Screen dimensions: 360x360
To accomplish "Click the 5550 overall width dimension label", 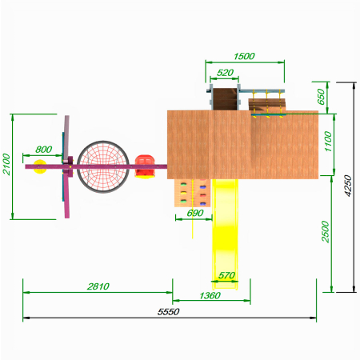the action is tap(168, 311).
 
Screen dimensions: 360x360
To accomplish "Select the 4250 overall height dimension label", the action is tap(348, 186).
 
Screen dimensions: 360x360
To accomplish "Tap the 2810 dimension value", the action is tap(98, 286).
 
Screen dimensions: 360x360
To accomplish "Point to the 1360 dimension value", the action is tap(210, 295).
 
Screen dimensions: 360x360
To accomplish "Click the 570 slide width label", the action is tap(226, 275).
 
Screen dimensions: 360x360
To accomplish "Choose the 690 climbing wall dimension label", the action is tap(195, 213).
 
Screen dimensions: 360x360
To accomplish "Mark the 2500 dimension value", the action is tap(326, 231).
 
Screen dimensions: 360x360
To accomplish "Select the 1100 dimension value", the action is tap(328, 142).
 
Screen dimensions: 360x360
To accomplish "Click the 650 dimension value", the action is tap(321, 97).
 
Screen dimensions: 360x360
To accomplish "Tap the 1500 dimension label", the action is tap(244, 56).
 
